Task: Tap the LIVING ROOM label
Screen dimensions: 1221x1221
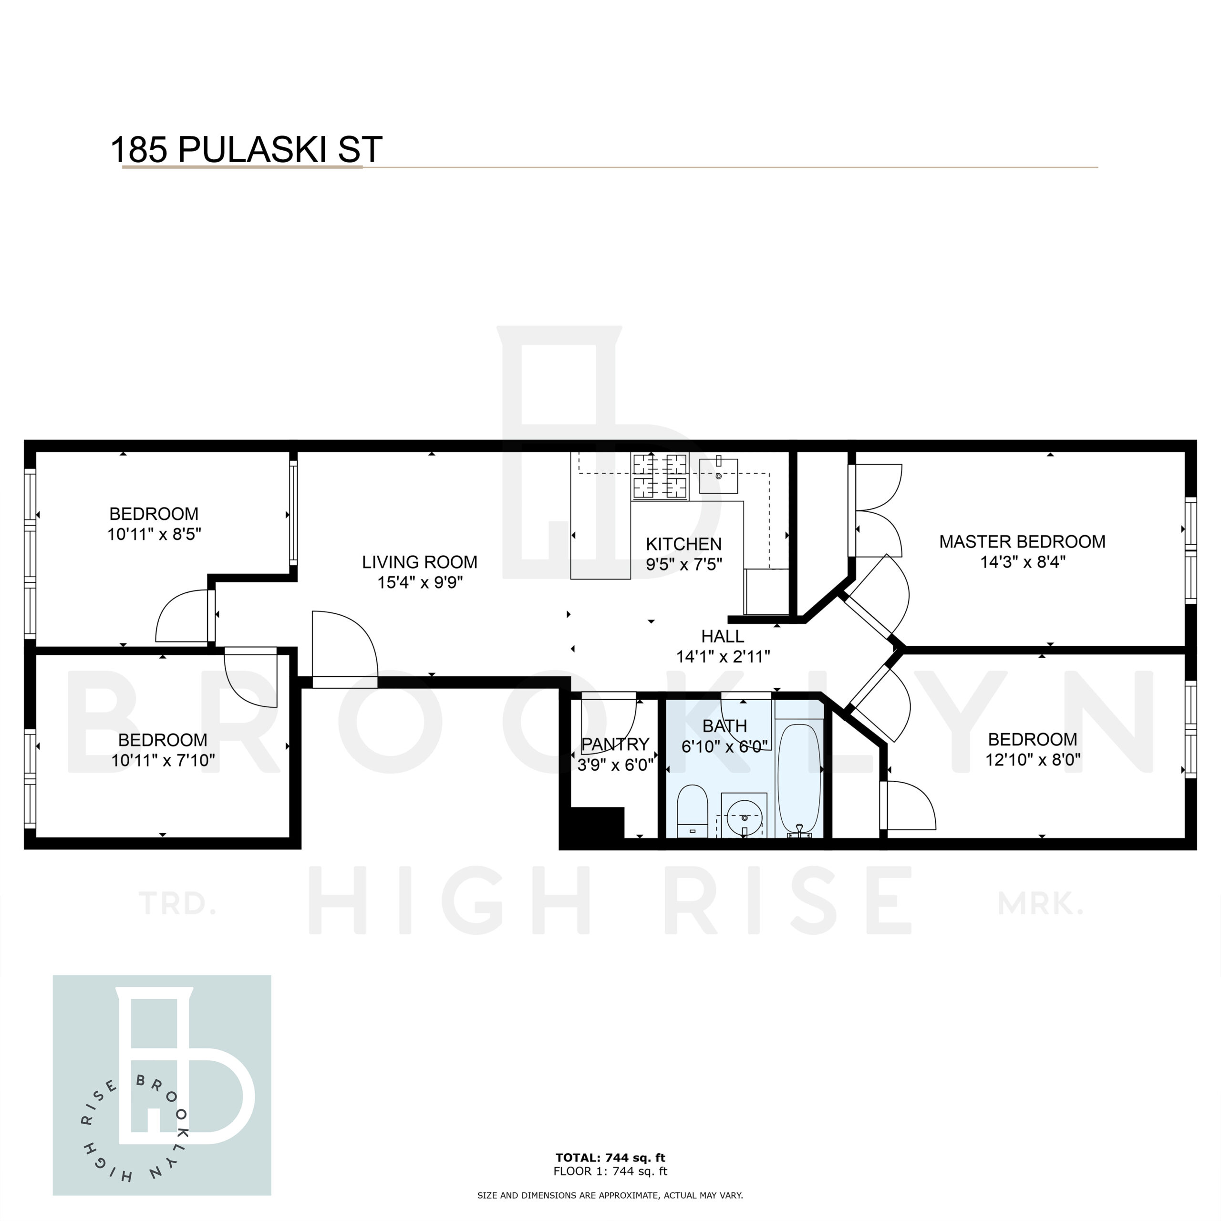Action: point(420,562)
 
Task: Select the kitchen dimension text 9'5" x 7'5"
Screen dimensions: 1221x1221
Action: point(684,564)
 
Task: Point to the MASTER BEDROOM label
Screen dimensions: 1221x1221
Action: point(1022,542)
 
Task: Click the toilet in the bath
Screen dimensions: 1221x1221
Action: point(692,811)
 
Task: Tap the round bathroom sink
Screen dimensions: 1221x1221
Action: point(745,816)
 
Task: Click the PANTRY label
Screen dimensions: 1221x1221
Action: point(615,745)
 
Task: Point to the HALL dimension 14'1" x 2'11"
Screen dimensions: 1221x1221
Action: point(723,657)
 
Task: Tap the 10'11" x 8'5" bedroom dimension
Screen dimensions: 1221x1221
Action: point(154,534)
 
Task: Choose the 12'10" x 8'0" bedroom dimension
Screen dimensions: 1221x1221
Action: point(1033,759)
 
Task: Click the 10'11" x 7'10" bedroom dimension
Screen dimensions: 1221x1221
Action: point(163,760)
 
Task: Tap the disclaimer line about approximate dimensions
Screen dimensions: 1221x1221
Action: point(610,1196)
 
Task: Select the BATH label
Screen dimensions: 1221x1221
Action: point(724,726)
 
